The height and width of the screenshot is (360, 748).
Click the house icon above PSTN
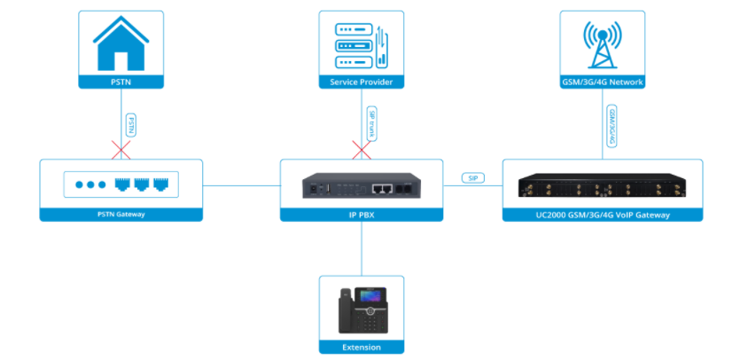(121, 44)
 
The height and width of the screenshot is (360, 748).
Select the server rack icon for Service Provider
(361, 44)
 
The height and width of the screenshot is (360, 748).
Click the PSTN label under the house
(121, 82)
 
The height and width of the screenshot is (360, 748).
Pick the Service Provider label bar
(361, 82)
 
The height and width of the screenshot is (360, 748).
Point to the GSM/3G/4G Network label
(603, 82)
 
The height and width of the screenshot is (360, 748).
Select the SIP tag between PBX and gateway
(472, 177)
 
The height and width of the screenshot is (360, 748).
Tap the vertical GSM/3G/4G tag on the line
(612, 123)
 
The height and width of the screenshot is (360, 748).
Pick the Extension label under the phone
(361, 348)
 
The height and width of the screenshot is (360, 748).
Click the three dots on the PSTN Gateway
(90, 185)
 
